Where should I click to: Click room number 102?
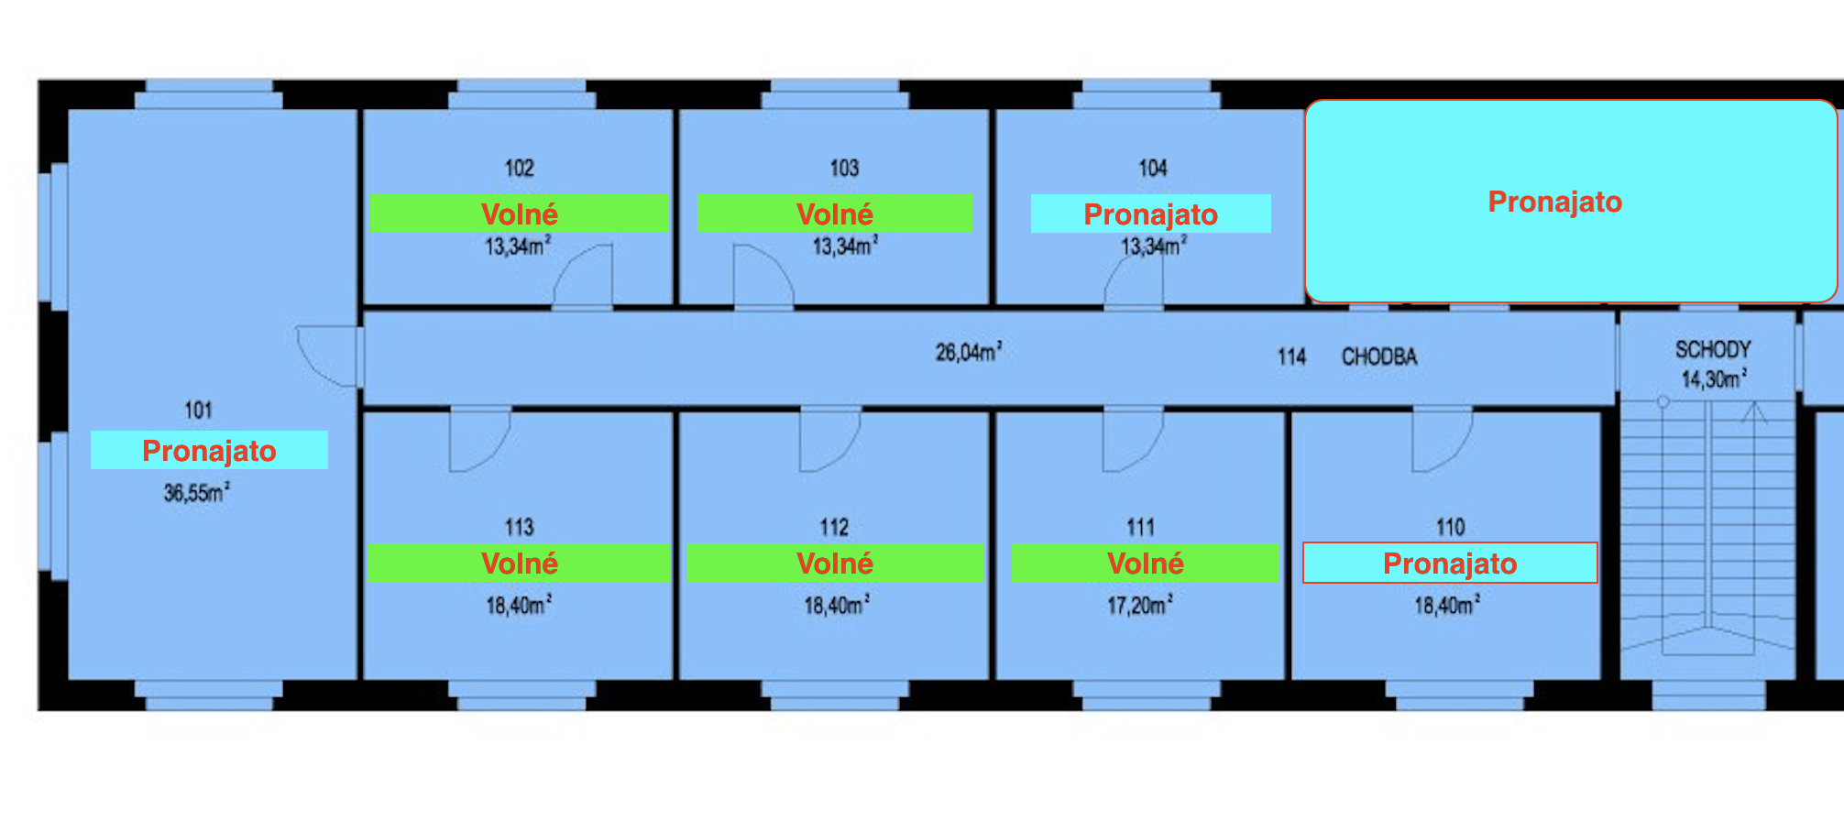(519, 169)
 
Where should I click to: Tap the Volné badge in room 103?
(834, 213)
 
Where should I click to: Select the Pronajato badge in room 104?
(1150, 213)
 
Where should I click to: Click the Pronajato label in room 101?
(209, 450)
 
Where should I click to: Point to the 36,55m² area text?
(196, 493)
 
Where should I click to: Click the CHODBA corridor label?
(1379, 356)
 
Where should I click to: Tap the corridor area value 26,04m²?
(968, 352)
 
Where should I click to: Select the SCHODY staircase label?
(1712, 349)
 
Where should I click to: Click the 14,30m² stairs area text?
(1713, 378)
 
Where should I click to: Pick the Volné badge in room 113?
(519, 563)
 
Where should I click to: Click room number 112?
(834, 527)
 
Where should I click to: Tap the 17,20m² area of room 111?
(1139, 605)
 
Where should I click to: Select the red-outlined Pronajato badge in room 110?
(1449, 563)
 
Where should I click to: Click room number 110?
(1450, 527)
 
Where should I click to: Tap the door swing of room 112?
(829, 440)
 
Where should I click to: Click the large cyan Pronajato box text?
(1554, 202)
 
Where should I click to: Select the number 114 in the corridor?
(1291, 356)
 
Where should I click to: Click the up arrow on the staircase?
(1754, 414)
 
